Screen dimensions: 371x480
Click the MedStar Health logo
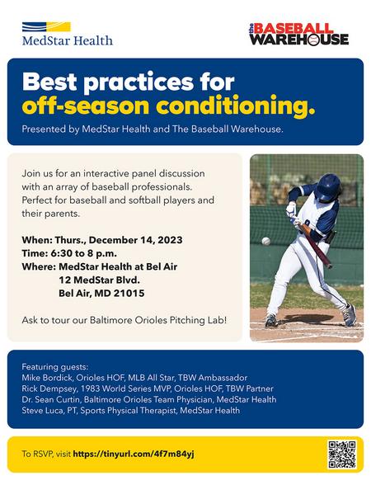pyautogui.click(x=68, y=34)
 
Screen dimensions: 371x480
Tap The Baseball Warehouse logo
pyautogui.click(x=298, y=35)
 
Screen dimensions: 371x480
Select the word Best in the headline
pyautogui.click(x=49, y=82)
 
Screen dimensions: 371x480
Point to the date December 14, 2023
pyautogui.click(x=135, y=240)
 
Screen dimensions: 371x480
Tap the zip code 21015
pyautogui.click(x=129, y=294)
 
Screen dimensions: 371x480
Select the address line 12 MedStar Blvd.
pyautogui.click(x=99, y=280)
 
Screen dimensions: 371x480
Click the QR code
pyautogui.click(x=342, y=454)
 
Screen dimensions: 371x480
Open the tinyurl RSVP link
pyautogui.click(x=134, y=454)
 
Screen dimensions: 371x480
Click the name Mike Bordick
pyautogui.click(x=47, y=378)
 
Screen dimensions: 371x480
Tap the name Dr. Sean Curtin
pyautogui.click(x=51, y=399)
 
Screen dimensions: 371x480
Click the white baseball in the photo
pyautogui.click(x=265, y=241)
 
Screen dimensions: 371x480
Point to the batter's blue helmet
pyautogui.click(x=328, y=187)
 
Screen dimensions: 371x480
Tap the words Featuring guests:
pyautogui.click(x=54, y=367)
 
